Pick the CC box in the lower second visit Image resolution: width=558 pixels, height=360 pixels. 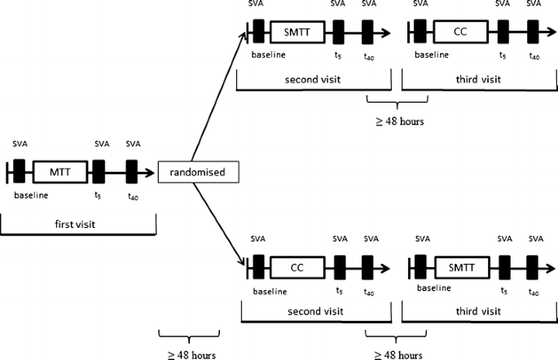[x=297, y=266]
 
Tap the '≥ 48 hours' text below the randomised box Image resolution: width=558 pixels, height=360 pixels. [x=188, y=353]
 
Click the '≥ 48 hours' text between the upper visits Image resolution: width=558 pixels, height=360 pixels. [x=397, y=122]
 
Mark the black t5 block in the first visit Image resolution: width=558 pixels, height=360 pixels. [x=99, y=172]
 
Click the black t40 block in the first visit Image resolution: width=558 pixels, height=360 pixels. [x=132, y=172]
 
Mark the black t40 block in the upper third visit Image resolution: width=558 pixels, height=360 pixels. [x=533, y=32]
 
